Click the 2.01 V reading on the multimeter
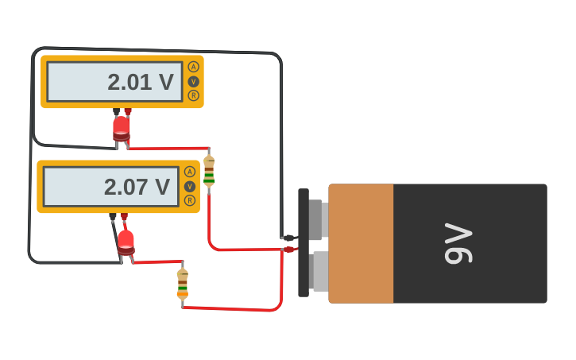(140, 82)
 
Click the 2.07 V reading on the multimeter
(137, 187)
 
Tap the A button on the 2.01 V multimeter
(193, 67)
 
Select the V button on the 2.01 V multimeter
(193, 81)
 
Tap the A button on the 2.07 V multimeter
(189, 172)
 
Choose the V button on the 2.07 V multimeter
(189, 186)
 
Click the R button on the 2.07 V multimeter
(189, 200)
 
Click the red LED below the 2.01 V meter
(121, 129)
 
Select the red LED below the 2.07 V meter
(126, 242)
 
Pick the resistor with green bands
(209, 170)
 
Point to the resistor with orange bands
(183, 284)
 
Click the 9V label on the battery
(458, 243)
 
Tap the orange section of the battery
(361, 243)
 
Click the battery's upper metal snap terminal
(315, 219)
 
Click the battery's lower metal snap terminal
(315, 271)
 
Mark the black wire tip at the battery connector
(288, 238)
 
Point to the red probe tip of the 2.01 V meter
(128, 112)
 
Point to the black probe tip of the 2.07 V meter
(114, 216)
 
